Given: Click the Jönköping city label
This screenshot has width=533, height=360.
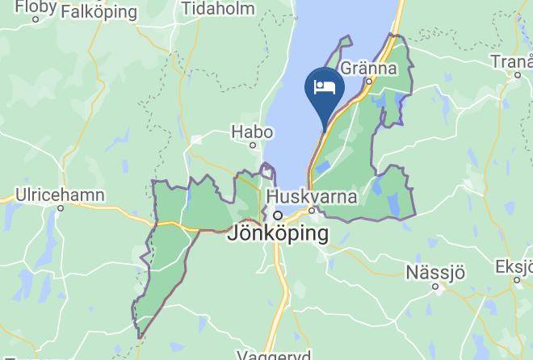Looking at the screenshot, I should [x=279, y=234].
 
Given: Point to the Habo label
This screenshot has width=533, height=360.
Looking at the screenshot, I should [x=248, y=130].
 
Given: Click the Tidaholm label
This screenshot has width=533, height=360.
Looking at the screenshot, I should [x=218, y=9].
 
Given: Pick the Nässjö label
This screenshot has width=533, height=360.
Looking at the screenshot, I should [x=436, y=270].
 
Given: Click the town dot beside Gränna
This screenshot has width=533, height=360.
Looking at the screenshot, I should [x=368, y=81].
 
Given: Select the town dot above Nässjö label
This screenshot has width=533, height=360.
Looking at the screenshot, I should [x=435, y=285].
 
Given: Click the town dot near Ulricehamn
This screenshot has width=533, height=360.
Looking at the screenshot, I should [x=60, y=207].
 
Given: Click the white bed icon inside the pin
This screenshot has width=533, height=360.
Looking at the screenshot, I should [x=325, y=86].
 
